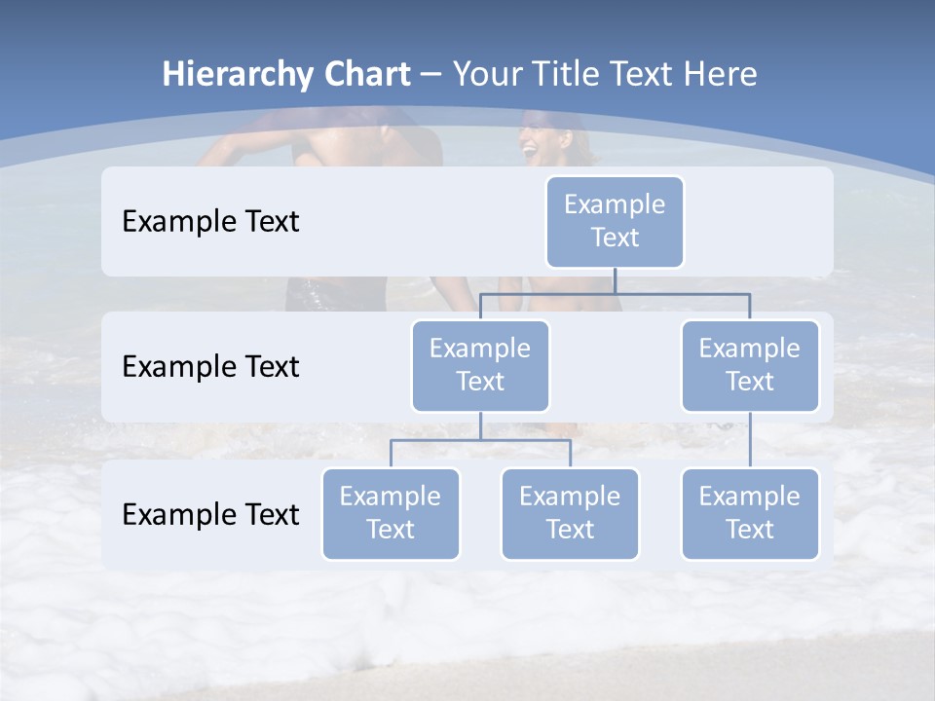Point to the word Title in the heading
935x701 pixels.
click(574, 74)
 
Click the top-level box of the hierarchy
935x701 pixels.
click(615, 221)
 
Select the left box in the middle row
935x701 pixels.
click(480, 365)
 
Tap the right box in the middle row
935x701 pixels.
click(750, 365)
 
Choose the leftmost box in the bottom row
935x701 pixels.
click(391, 513)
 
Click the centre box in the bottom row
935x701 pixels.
click(570, 513)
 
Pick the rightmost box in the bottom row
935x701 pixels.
click(750, 513)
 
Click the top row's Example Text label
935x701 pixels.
click(210, 221)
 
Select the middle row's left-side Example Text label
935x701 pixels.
click(210, 366)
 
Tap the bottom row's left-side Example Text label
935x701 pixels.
click(210, 514)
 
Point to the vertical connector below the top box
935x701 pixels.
click(615, 280)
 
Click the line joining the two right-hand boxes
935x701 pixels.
click(750, 440)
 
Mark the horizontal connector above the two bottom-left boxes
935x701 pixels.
click(480, 440)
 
